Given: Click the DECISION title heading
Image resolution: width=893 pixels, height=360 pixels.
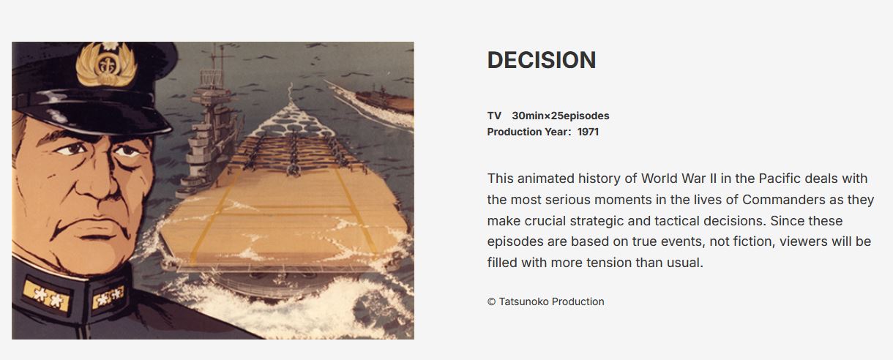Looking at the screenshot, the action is (542, 60).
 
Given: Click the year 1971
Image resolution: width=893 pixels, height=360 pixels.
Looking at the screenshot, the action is (588, 132).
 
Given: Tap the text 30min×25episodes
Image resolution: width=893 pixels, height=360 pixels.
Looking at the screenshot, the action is (561, 116).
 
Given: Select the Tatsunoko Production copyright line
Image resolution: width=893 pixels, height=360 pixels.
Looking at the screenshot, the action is (546, 301).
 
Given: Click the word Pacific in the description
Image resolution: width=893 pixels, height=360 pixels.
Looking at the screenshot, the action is (780, 179).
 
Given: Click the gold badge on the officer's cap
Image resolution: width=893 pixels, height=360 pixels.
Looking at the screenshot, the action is (106, 64).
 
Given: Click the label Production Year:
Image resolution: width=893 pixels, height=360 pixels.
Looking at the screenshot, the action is (529, 132).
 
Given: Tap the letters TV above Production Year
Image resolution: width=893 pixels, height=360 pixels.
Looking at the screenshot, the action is (494, 116).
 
